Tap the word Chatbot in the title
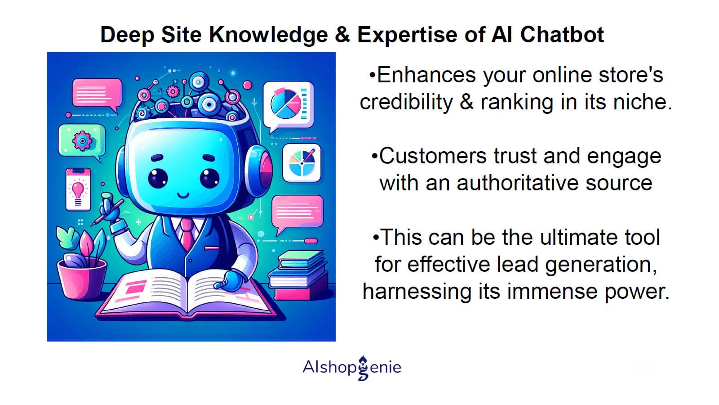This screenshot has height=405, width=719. click(x=562, y=34)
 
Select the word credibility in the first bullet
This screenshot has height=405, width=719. click(x=406, y=102)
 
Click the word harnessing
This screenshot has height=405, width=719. click(x=417, y=292)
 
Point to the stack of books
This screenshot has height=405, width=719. click(x=298, y=275)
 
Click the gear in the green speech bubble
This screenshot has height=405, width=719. click(x=82, y=140)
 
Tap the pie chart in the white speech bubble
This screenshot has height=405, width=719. click(x=285, y=103)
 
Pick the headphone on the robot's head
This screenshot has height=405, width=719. click(x=259, y=171)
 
